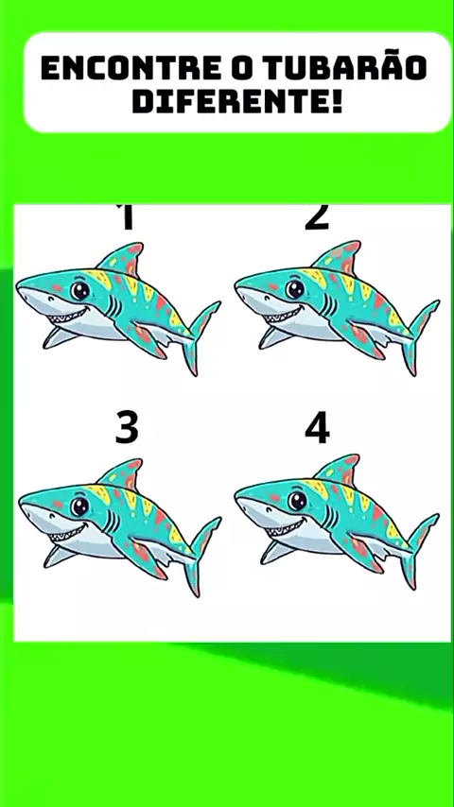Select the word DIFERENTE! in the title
click(237, 101)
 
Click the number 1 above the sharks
click(127, 216)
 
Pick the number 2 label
click(317, 216)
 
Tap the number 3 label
click(127, 428)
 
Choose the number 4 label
click(317, 428)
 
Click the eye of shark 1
click(79, 291)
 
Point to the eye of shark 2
click(295, 289)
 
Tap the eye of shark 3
click(79, 507)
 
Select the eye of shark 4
click(297, 501)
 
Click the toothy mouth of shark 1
click(67, 316)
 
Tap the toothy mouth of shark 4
click(285, 527)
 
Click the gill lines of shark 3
click(112, 522)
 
